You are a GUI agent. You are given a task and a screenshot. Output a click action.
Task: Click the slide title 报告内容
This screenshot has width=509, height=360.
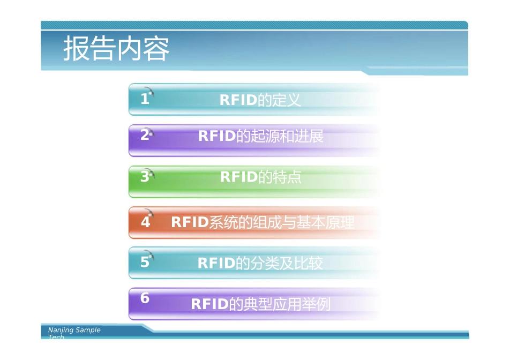pos(116,49)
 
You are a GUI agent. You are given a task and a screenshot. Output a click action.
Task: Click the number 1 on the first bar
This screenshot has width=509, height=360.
pos(144,99)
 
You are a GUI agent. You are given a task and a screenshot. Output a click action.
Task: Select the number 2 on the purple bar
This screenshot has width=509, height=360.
pos(144,136)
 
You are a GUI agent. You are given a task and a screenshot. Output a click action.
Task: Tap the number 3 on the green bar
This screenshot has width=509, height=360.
pos(144,177)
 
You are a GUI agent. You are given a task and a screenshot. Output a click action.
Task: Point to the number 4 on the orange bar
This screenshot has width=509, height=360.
pos(145,222)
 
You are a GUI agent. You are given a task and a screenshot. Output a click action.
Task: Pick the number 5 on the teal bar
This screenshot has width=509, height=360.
pos(145,262)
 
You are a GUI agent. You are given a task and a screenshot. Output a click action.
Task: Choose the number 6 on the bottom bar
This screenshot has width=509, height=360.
pos(145,299)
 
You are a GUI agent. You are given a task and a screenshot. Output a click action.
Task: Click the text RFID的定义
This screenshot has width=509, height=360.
pos(260,100)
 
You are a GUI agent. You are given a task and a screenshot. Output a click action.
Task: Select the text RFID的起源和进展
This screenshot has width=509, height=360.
pos(260,136)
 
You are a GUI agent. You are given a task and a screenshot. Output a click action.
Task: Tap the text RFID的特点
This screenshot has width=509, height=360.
pos(260,177)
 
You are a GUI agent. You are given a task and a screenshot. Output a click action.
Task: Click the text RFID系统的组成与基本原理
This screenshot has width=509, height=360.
pos(263,222)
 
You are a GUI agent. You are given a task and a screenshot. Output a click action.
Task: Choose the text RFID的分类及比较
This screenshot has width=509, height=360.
pos(260,263)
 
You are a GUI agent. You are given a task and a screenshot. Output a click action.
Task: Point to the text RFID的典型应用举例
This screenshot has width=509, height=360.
pos(260,304)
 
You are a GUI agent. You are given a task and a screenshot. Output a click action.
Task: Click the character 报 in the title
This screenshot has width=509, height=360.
pos(77,49)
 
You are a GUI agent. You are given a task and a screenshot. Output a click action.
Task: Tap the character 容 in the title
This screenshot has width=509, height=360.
pos(156,49)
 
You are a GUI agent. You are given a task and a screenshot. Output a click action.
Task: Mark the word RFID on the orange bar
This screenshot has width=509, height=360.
pos(189,222)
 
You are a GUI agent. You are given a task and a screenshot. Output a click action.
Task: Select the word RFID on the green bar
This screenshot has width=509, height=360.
pos(238,177)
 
